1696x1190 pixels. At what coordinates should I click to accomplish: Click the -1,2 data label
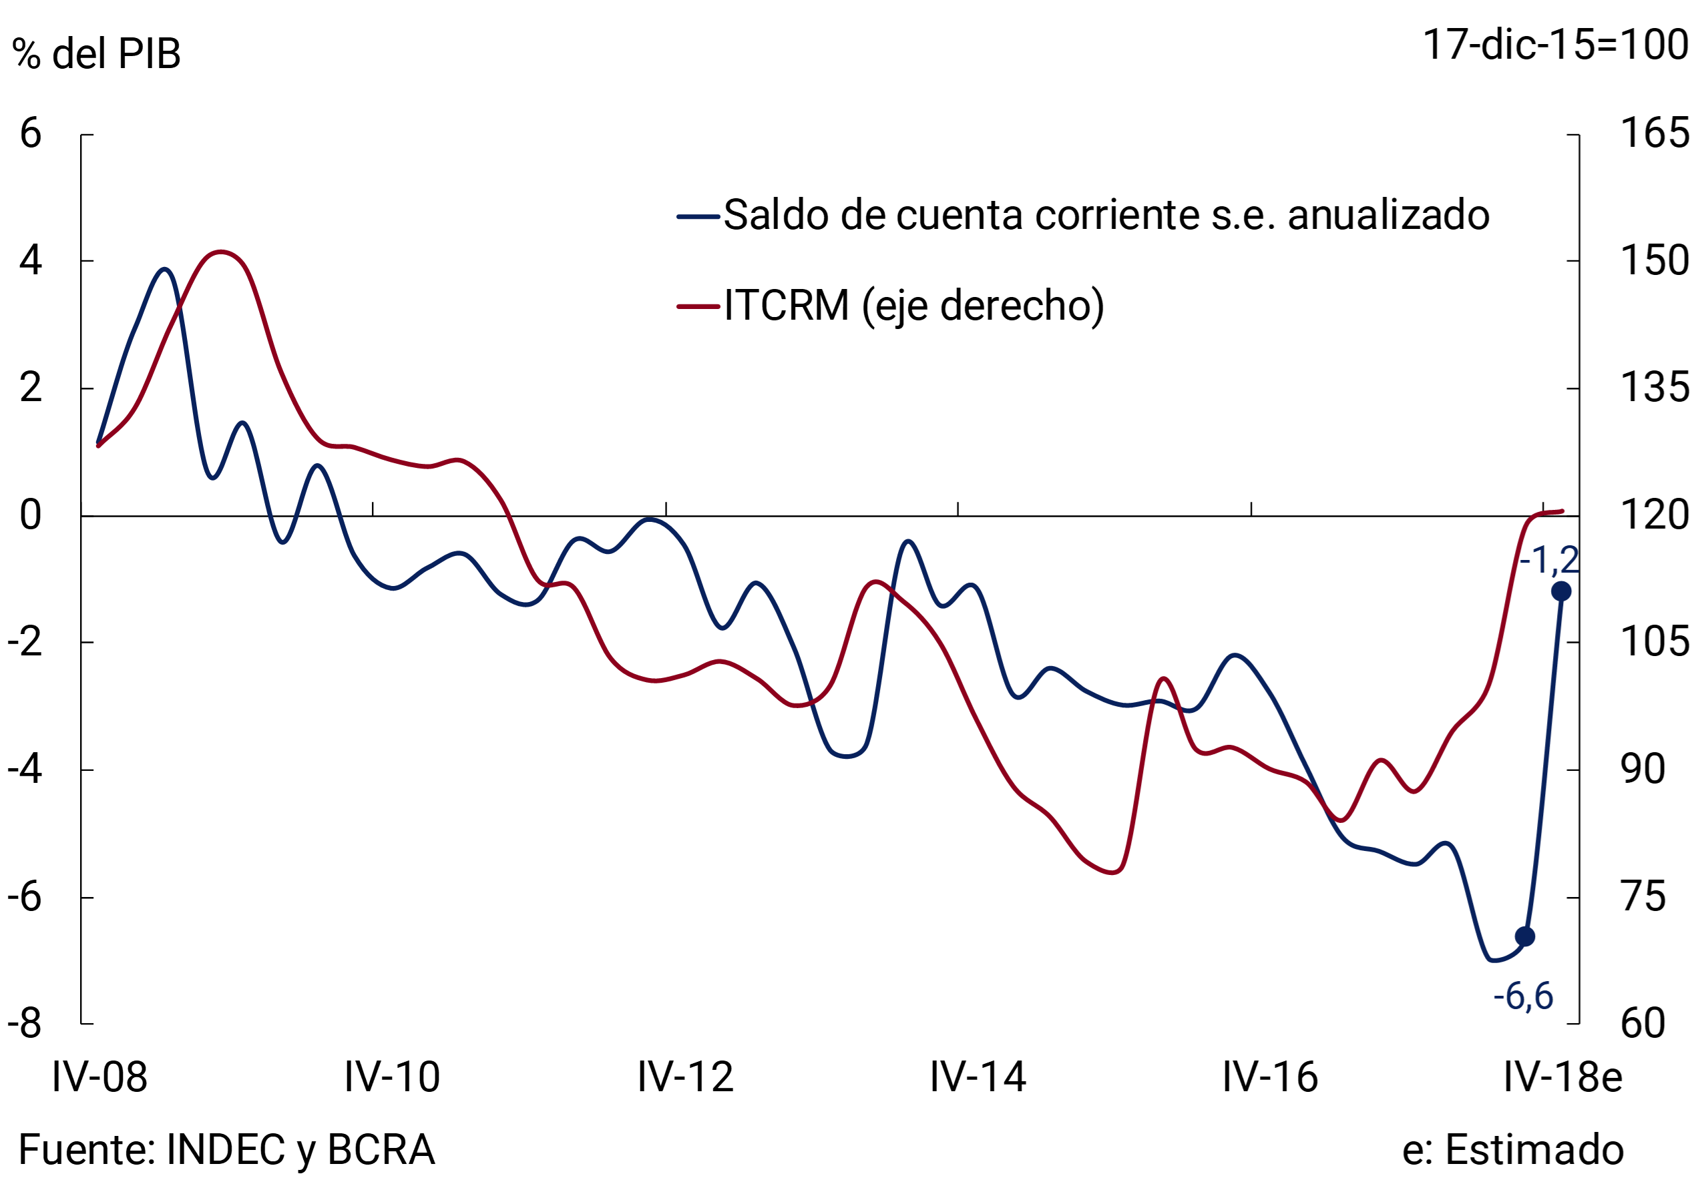[x=1548, y=561]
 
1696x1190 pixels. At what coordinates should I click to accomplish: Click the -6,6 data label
[x=1522, y=996]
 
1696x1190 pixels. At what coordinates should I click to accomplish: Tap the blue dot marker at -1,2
[x=1561, y=591]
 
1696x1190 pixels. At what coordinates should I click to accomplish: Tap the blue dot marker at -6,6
[x=1524, y=937]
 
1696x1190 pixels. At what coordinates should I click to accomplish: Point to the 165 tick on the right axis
[x=1654, y=133]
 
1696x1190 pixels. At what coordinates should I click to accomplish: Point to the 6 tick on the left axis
[x=30, y=133]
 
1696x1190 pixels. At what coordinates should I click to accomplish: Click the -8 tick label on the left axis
[x=25, y=1023]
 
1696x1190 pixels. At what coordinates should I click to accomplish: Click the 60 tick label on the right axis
[x=1643, y=1023]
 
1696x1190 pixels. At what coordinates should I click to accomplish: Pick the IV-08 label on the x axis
[x=99, y=1077]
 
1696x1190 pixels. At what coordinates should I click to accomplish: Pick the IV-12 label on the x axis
[x=686, y=1077]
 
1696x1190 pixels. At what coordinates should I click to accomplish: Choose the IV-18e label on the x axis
[x=1563, y=1077]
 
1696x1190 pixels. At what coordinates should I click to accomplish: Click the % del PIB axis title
[x=97, y=54]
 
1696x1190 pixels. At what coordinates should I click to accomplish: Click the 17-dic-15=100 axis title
[x=1555, y=44]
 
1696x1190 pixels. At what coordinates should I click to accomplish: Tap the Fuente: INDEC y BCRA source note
[x=226, y=1149]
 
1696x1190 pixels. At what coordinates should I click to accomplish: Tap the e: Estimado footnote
[x=1513, y=1149]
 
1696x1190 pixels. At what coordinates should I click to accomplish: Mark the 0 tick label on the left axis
[x=30, y=515]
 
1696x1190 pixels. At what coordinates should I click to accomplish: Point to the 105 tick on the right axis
[x=1654, y=641]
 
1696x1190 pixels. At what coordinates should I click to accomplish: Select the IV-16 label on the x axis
[x=1270, y=1077]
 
